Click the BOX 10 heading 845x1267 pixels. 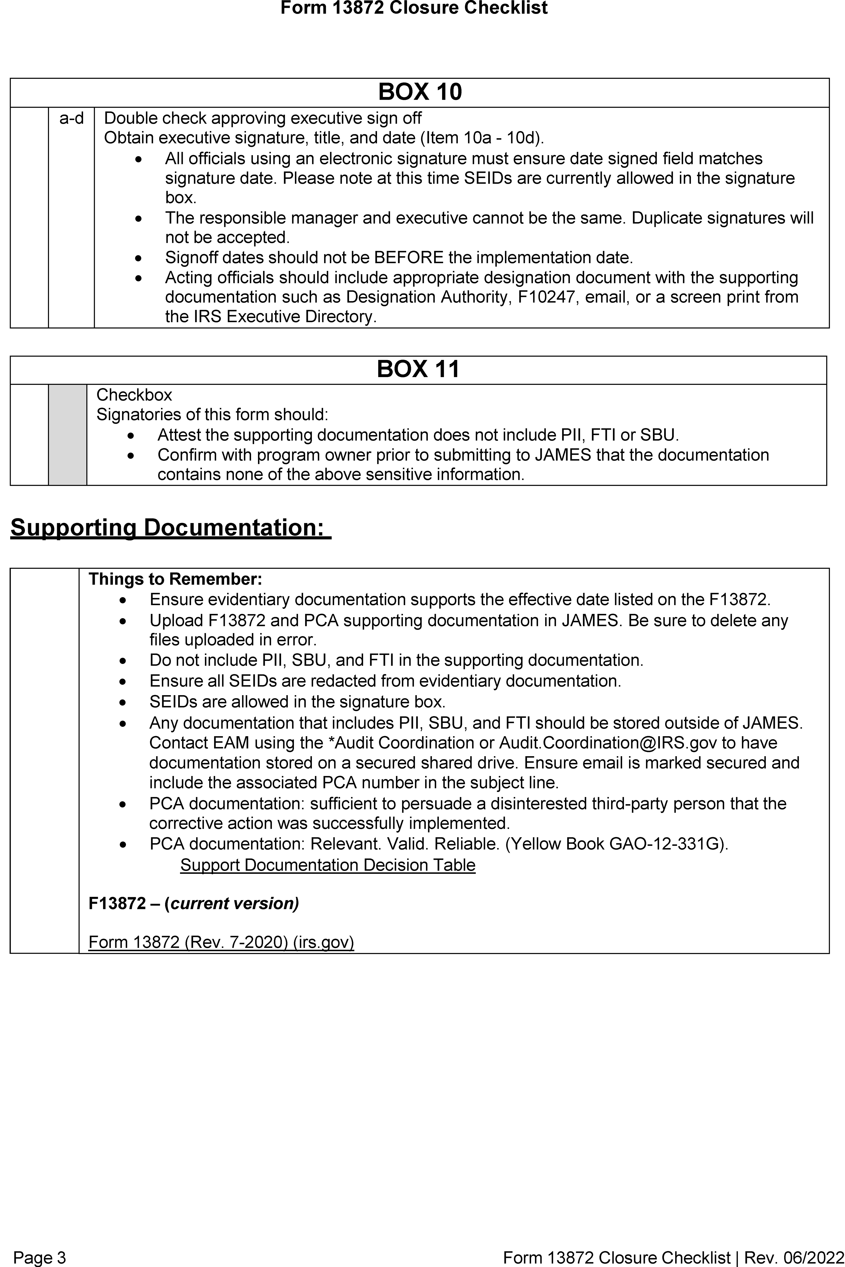(x=420, y=92)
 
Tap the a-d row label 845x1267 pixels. (x=71, y=118)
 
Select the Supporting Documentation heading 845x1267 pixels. (x=170, y=527)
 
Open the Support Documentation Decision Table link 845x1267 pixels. (x=328, y=865)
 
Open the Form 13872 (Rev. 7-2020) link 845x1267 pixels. (x=221, y=942)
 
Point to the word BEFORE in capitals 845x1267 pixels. (x=409, y=258)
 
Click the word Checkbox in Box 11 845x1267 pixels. (x=134, y=395)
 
